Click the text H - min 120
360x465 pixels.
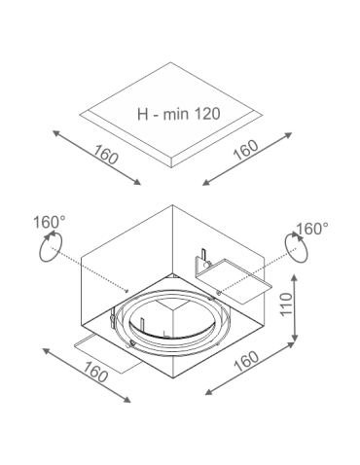[179, 113]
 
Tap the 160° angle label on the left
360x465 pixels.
[50, 223]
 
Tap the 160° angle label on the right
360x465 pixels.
[311, 229]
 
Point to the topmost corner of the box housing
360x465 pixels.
[172, 205]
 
